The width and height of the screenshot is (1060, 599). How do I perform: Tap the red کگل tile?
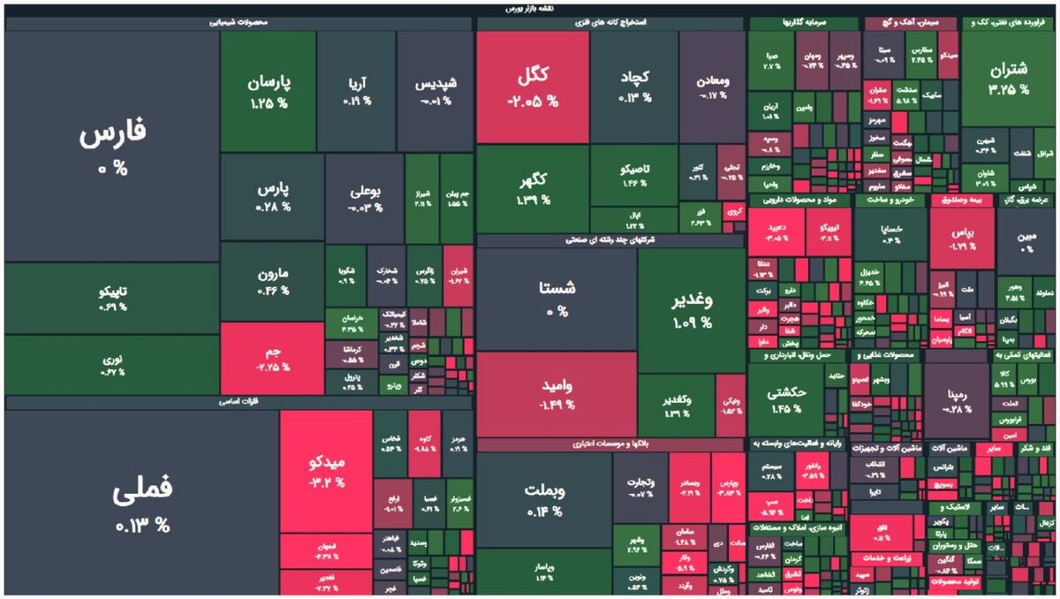533,87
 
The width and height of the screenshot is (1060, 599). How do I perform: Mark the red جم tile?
272,358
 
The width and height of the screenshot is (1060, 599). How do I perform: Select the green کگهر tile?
533,188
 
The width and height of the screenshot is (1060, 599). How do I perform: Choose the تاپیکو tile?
112,298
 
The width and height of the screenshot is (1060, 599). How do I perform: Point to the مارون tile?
272,280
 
